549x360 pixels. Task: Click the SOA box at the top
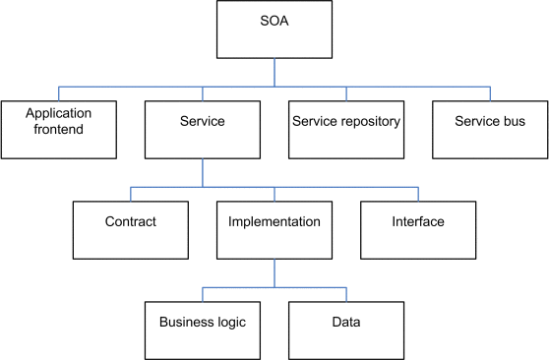[x=274, y=30]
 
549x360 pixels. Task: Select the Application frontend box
[x=58, y=130]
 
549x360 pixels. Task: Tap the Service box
[x=203, y=130]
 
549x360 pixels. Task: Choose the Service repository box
[x=346, y=130]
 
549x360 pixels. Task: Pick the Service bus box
[x=490, y=130]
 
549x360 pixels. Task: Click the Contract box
[x=131, y=230]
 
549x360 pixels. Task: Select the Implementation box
[x=274, y=230]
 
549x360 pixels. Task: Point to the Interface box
[x=418, y=230]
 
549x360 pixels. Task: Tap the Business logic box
[x=203, y=330]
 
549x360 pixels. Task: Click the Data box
[x=346, y=330]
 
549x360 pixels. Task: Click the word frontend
[x=58, y=130]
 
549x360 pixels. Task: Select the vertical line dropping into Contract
[x=131, y=194]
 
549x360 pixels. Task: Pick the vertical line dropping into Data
[x=346, y=294]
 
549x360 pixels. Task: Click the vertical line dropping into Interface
[x=418, y=194]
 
